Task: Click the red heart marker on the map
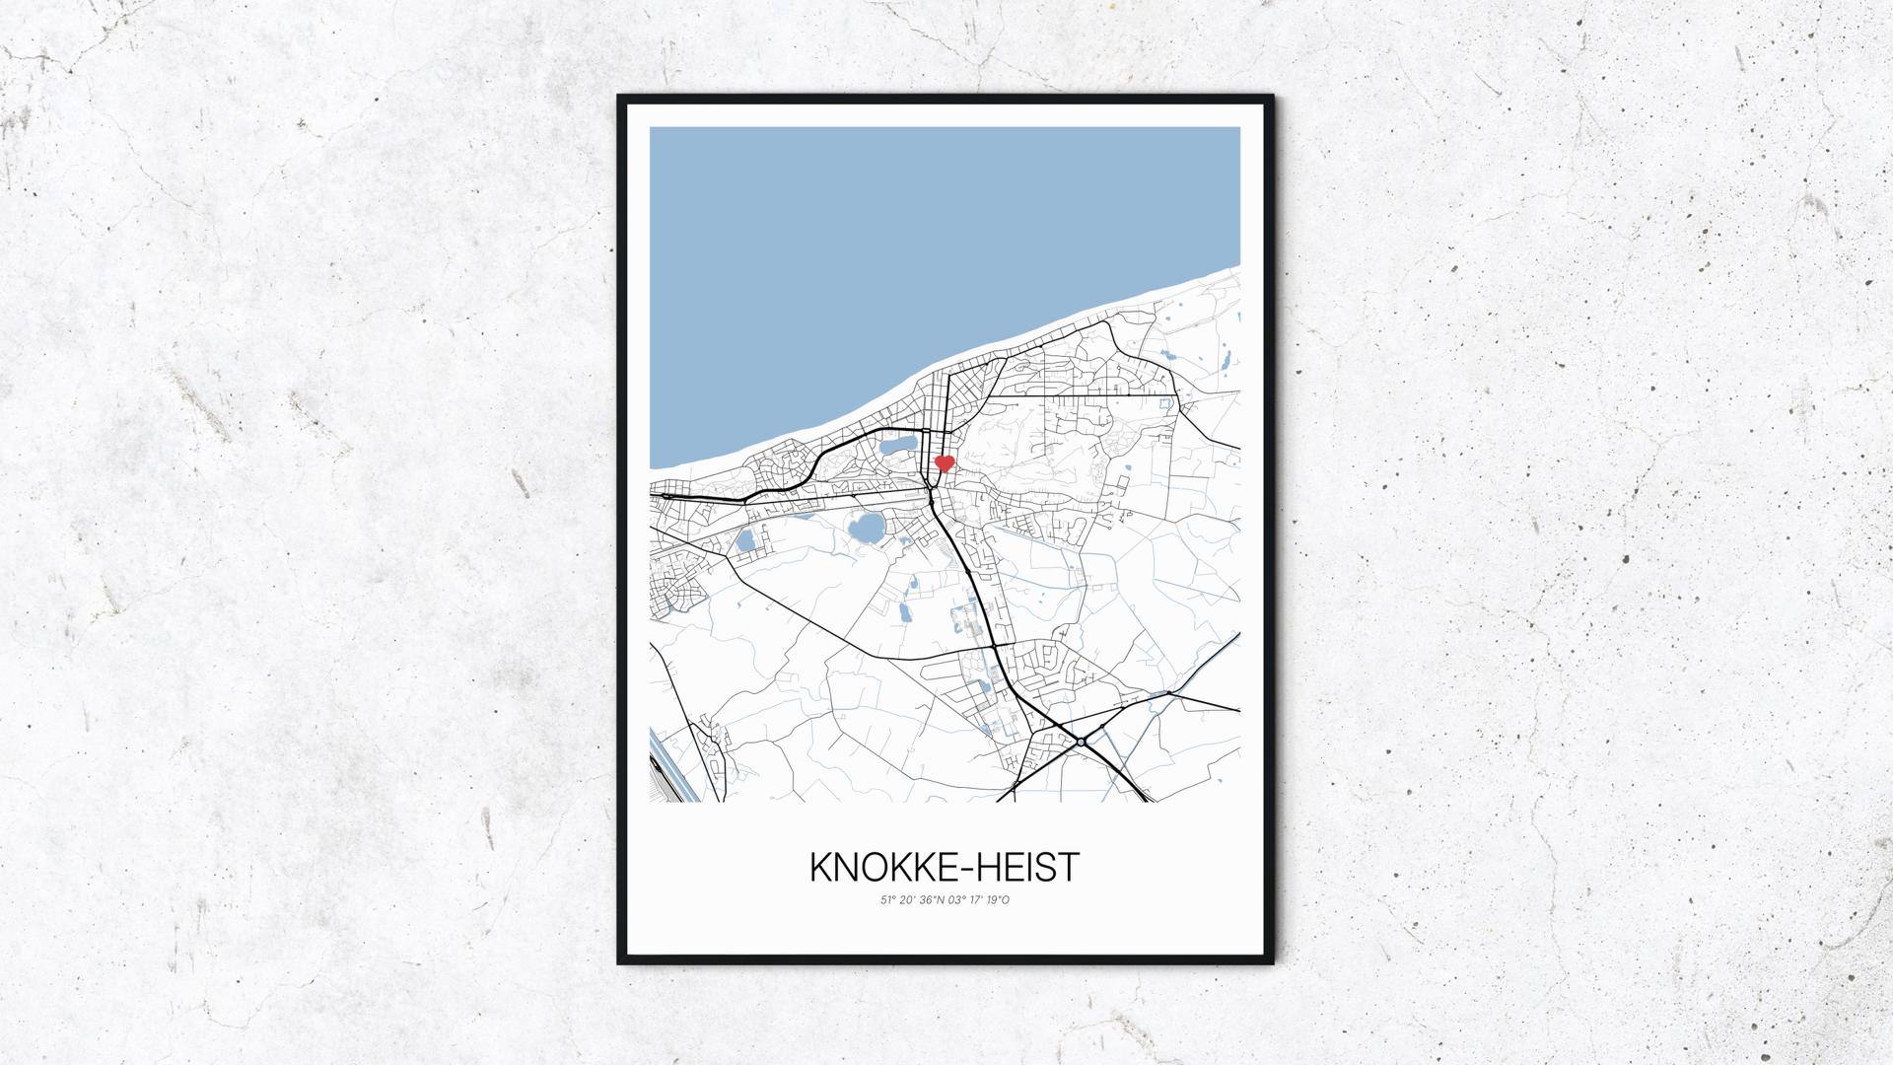coord(945,462)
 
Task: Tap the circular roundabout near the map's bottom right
coord(1081,742)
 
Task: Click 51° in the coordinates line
coord(888,899)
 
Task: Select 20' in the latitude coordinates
coord(908,899)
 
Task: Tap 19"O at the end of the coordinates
coord(999,899)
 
